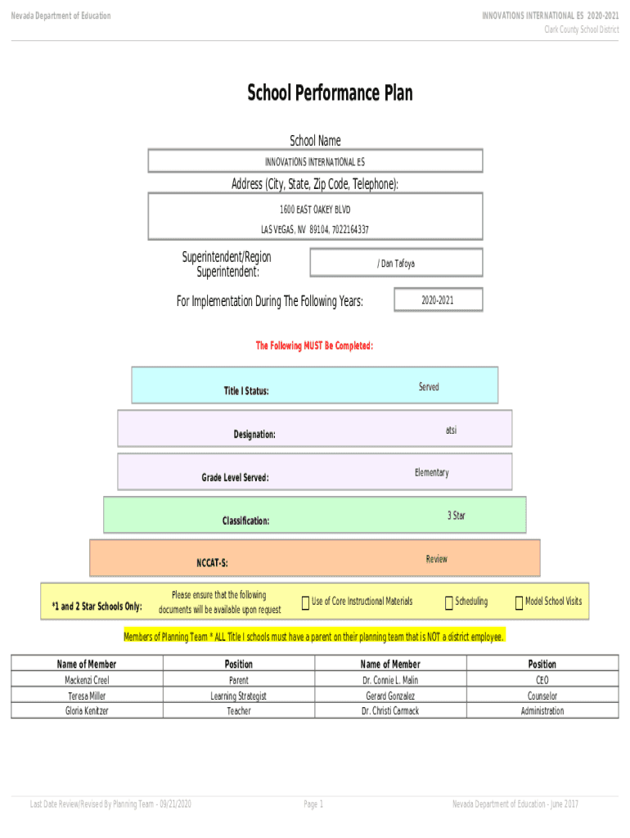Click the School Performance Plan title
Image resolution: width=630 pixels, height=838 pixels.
click(330, 93)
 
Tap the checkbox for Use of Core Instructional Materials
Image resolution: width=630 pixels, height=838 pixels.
click(305, 603)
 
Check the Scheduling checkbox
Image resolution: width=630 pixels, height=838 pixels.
click(449, 603)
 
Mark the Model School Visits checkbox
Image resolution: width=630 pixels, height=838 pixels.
click(519, 603)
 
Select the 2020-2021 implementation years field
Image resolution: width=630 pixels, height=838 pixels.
click(438, 300)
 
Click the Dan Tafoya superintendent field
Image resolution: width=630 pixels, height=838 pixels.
click(396, 264)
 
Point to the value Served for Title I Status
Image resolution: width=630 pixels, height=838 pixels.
click(429, 387)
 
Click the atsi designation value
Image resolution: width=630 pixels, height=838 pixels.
click(452, 430)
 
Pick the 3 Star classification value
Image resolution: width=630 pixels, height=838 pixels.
click(457, 516)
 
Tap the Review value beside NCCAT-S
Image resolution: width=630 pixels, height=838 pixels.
click(437, 559)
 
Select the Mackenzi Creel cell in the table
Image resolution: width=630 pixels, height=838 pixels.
click(87, 680)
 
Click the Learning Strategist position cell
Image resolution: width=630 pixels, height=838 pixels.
click(239, 696)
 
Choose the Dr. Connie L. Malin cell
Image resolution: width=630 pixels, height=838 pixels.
click(390, 680)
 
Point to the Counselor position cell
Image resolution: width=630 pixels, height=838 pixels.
click(542, 696)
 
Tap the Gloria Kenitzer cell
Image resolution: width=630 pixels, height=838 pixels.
click(87, 711)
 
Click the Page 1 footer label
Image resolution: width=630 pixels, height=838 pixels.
click(314, 804)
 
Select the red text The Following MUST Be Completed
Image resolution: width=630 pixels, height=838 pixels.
click(315, 346)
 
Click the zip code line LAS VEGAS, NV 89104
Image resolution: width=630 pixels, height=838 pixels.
click(315, 229)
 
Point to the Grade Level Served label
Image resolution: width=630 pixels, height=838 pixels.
click(235, 477)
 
